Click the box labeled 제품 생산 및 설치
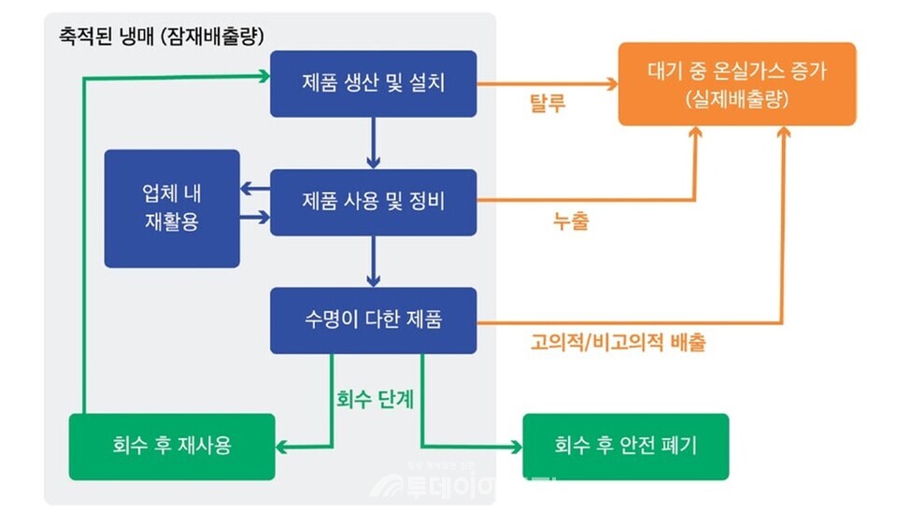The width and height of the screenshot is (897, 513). pos(374,83)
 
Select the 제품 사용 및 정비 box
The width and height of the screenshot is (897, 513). pos(374,201)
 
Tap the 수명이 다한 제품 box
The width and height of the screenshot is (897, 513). pos(374,320)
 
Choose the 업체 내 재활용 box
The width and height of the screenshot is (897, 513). pos(172,207)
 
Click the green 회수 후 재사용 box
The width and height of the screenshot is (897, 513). pos(172,446)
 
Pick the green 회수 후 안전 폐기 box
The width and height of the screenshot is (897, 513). pos(625,446)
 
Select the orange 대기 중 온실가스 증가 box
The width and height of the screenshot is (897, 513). pos(736,83)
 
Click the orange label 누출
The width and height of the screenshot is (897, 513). pos(571,222)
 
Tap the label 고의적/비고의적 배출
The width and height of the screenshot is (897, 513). pos(618,342)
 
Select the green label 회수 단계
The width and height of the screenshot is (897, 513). pos(375,398)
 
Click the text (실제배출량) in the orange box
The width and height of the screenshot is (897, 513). pos(736,98)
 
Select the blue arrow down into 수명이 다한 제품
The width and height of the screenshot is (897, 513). pos(374,261)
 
